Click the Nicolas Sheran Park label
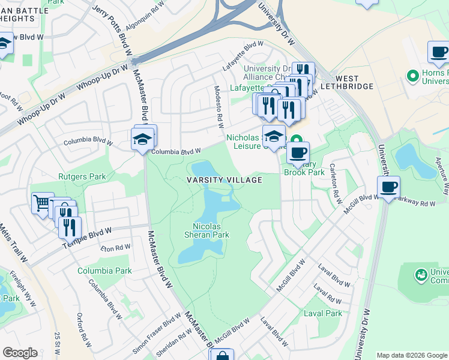tap(211, 231)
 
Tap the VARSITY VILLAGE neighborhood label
tap(224, 180)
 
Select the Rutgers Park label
tap(82, 176)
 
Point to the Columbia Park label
tap(104, 271)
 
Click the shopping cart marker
tap(42, 202)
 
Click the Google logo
tap(20, 353)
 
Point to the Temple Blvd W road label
tap(86, 234)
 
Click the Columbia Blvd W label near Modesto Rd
tap(175, 152)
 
